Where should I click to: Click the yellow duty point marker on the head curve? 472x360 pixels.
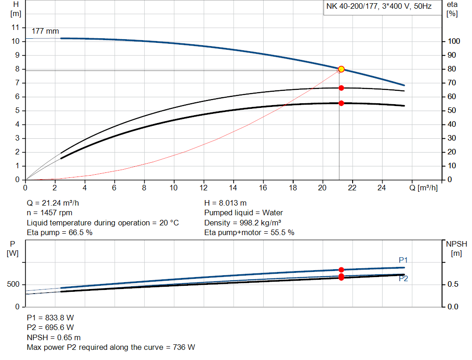click(341, 69)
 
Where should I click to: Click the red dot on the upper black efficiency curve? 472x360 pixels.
click(341, 88)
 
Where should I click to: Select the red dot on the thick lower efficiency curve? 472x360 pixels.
click(341, 103)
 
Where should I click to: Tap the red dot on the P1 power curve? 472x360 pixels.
click(341, 270)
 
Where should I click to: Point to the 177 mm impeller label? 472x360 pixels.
click(45, 31)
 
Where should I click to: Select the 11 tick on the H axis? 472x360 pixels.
click(16, 28)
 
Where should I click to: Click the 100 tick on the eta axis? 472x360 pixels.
click(454, 41)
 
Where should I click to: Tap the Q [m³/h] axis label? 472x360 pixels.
click(423, 188)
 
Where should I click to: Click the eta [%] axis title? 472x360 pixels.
click(452, 8)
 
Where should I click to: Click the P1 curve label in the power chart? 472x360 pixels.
click(403, 260)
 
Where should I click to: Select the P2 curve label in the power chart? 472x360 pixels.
click(403, 278)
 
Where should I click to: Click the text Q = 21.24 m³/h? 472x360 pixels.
click(56, 203)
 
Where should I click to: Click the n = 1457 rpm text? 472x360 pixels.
click(49, 213)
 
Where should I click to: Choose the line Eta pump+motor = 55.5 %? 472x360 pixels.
click(249, 233)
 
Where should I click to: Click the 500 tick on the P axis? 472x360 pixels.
click(13, 284)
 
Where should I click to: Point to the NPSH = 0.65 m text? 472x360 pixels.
click(53, 337)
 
